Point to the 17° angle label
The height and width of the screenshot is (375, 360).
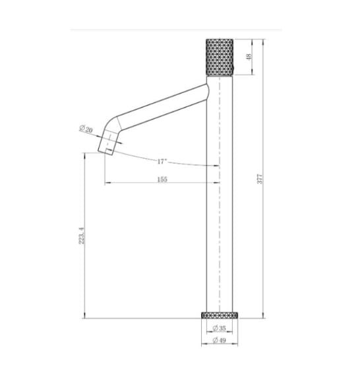(163, 161)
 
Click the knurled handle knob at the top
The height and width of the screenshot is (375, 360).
(220, 56)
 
